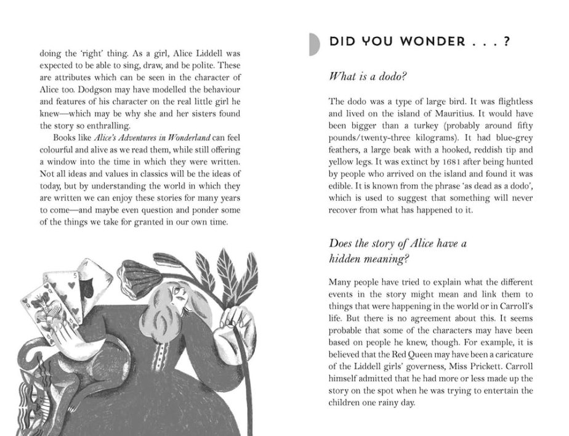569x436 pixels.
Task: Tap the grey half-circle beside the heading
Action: point(315,44)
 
